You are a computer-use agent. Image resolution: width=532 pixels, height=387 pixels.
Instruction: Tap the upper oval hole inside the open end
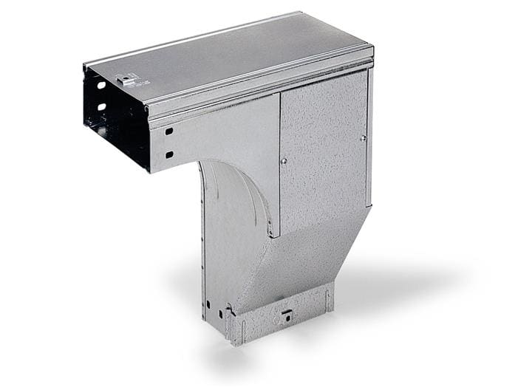[100, 86]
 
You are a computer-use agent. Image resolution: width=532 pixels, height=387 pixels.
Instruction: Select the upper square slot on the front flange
[169, 131]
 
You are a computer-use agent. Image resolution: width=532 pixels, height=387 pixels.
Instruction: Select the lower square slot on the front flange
[169, 154]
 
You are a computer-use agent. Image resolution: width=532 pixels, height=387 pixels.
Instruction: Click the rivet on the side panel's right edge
[363, 137]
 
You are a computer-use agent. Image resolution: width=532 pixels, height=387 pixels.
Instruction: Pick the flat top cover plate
[229, 55]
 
